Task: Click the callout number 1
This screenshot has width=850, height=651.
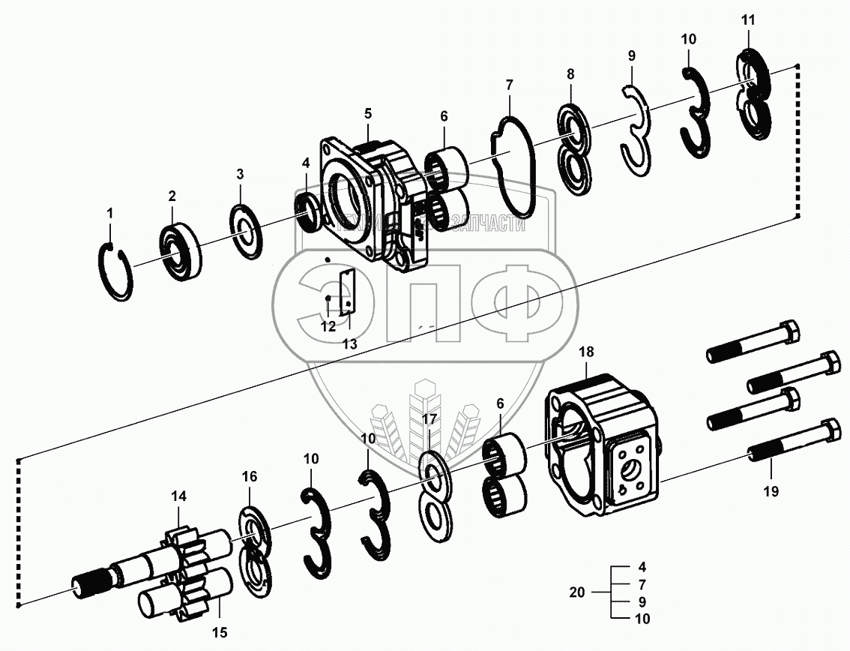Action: point(109,214)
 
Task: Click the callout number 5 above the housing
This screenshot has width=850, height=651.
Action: point(368,114)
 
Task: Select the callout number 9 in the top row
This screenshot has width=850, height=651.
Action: point(631,55)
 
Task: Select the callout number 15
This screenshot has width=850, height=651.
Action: point(219,631)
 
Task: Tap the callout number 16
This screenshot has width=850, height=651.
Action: point(249,476)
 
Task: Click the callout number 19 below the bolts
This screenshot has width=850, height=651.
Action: point(770,492)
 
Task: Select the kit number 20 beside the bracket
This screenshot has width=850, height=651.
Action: point(576,592)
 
